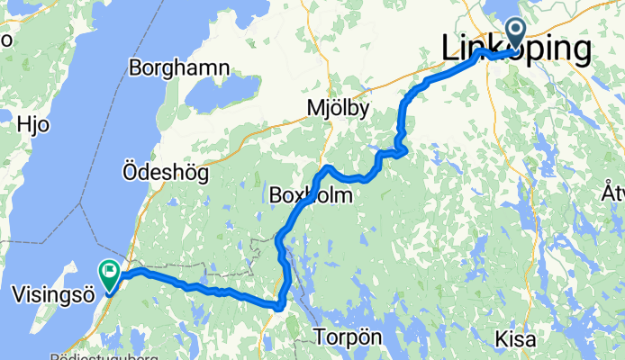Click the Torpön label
[349, 338]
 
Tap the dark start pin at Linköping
[517, 34]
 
